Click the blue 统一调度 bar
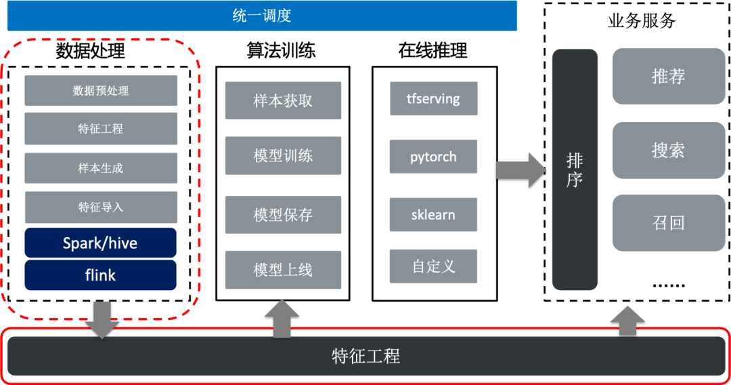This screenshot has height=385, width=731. (262, 16)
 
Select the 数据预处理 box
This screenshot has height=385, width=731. (101, 90)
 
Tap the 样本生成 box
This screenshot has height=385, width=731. (101, 168)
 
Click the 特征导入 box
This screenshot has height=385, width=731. (101, 207)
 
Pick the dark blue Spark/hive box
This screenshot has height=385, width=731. (101, 243)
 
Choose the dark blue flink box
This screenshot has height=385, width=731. (101, 275)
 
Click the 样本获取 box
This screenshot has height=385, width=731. (283, 101)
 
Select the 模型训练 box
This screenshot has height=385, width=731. (283, 156)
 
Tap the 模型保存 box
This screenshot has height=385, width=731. (283, 215)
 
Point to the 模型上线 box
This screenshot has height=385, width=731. (283, 270)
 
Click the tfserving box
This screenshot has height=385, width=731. (433, 98)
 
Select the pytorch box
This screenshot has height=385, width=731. (433, 157)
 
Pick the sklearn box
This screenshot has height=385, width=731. (433, 215)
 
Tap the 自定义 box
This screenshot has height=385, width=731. (433, 266)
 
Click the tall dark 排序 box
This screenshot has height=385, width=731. (575, 169)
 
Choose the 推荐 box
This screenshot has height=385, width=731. (668, 76)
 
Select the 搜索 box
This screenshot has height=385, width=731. (668, 150)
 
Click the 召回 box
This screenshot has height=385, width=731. (668, 223)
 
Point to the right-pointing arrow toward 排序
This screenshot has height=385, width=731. (520, 169)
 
